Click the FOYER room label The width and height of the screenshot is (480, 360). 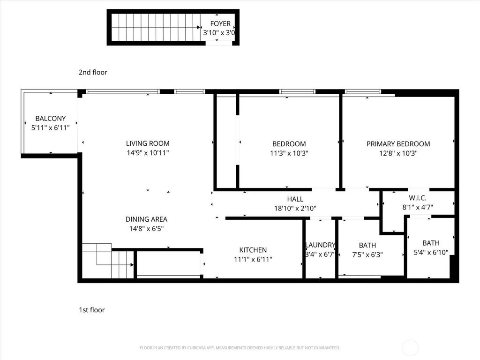click(x=220, y=24)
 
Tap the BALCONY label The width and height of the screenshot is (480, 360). click(x=50, y=119)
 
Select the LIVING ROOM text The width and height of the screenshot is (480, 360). click(x=148, y=143)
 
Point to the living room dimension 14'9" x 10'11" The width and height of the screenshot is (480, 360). click(x=148, y=153)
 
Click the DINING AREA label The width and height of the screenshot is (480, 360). click(x=146, y=219)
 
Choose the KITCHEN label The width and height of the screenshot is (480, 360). click(x=253, y=250)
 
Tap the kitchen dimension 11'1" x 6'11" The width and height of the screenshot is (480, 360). click(x=253, y=259)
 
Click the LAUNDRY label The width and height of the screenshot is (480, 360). click(x=320, y=245)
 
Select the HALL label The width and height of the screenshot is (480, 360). click(x=295, y=199)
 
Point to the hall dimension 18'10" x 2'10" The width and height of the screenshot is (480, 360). click(x=295, y=209)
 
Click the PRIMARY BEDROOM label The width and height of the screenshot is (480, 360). click(x=398, y=144)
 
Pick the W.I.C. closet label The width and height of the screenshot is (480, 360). click(x=417, y=199)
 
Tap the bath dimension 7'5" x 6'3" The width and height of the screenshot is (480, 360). click(x=367, y=255)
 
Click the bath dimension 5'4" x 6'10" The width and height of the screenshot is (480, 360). click(x=431, y=252)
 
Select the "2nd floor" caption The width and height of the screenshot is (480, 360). click(x=93, y=72)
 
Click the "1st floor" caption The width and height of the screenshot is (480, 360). click(x=92, y=310)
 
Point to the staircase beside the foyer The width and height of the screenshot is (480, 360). click(x=155, y=27)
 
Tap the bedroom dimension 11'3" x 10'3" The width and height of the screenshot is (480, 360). click(x=289, y=153)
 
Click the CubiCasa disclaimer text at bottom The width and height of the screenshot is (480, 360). click(x=240, y=348)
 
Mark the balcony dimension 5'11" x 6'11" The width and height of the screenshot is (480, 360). click(x=50, y=127)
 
